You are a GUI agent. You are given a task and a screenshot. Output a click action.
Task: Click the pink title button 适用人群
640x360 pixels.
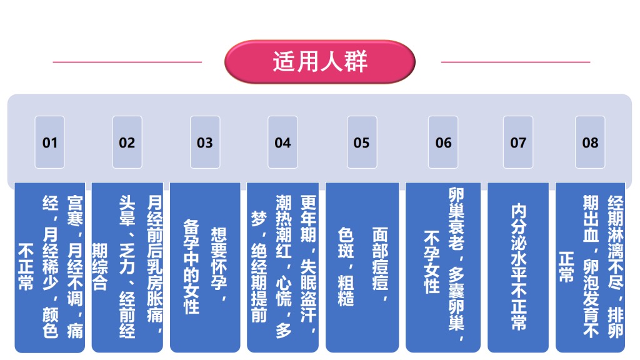point(320,62)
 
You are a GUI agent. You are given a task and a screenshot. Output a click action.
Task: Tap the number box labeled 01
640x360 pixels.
point(49,142)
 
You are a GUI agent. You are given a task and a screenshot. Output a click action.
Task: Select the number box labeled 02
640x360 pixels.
point(127,142)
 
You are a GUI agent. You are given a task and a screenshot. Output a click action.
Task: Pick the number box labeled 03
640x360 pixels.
point(205,142)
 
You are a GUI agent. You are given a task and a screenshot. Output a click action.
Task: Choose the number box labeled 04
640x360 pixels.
point(283,142)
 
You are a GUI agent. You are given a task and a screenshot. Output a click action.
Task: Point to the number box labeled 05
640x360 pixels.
point(361,142)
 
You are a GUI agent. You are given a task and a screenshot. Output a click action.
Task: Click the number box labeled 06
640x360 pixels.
point(443,142)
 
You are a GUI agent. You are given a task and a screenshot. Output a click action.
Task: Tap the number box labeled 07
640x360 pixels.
point(518,142)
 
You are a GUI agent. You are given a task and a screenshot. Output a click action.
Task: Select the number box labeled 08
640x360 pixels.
point(590,142)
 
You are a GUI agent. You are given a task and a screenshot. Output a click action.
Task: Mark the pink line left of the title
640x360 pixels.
point(127,62)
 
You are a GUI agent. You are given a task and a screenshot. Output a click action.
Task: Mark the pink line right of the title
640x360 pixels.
point(516,62)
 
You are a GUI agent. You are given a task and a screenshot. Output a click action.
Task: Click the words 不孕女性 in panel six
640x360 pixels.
point(432,262)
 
